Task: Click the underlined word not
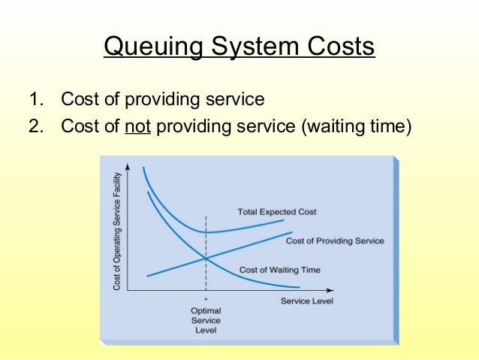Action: [x=138, y=126]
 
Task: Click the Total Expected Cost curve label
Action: [x=277, y=212]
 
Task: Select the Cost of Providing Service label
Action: [x=335, y=241]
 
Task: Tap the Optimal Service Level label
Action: [x=206, y=319]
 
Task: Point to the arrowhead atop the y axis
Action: [x=128, y=166]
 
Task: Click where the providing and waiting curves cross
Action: [x=206, y=259]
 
